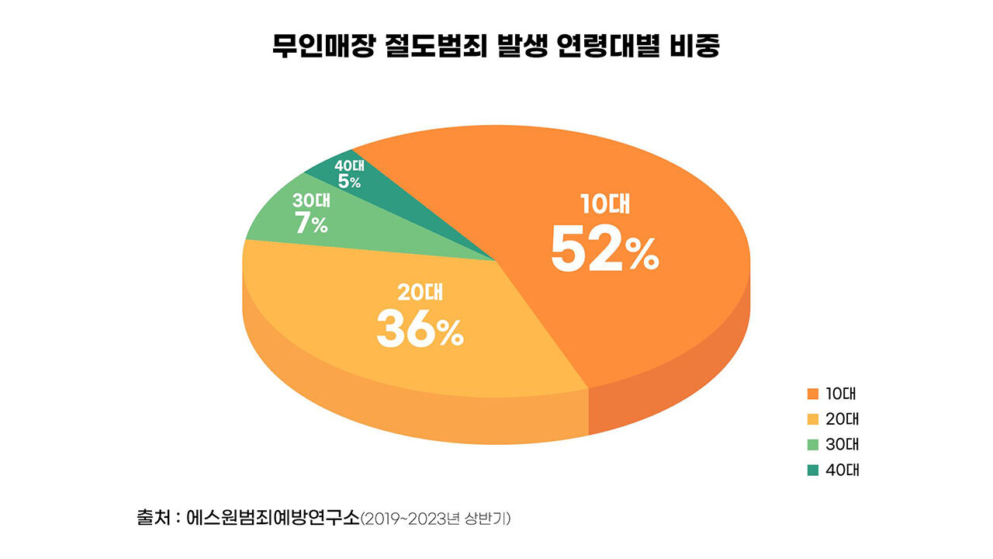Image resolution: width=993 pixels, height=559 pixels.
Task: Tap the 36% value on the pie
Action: point(420,330)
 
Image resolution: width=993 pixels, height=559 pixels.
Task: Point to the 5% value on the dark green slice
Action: point(349,182)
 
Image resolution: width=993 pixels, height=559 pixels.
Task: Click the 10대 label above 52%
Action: point(606,204)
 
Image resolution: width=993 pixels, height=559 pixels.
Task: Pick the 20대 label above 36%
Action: point(420,293)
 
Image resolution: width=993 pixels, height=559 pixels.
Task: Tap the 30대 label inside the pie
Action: point(311,200)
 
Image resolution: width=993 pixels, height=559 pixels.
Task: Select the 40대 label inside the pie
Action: point(349,165)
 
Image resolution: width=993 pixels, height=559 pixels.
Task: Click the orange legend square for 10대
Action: point(813,394)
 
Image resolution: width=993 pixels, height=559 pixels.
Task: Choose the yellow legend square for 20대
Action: point(813,419)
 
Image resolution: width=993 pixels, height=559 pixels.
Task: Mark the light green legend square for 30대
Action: point(813,445)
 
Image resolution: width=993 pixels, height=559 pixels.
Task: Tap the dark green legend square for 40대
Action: point(813,470)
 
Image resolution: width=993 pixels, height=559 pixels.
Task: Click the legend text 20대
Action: point(842,419)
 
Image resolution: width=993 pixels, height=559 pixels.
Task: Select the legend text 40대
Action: point(842,470)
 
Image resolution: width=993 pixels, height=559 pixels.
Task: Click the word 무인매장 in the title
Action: point(325,47)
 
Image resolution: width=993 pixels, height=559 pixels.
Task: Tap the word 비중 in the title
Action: point(694,47)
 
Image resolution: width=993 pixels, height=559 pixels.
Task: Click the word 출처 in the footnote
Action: point(153,517)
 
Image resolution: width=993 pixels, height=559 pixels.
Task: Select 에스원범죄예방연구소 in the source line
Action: point(273,517)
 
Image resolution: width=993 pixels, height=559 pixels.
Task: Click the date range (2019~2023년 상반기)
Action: point(435,518)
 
